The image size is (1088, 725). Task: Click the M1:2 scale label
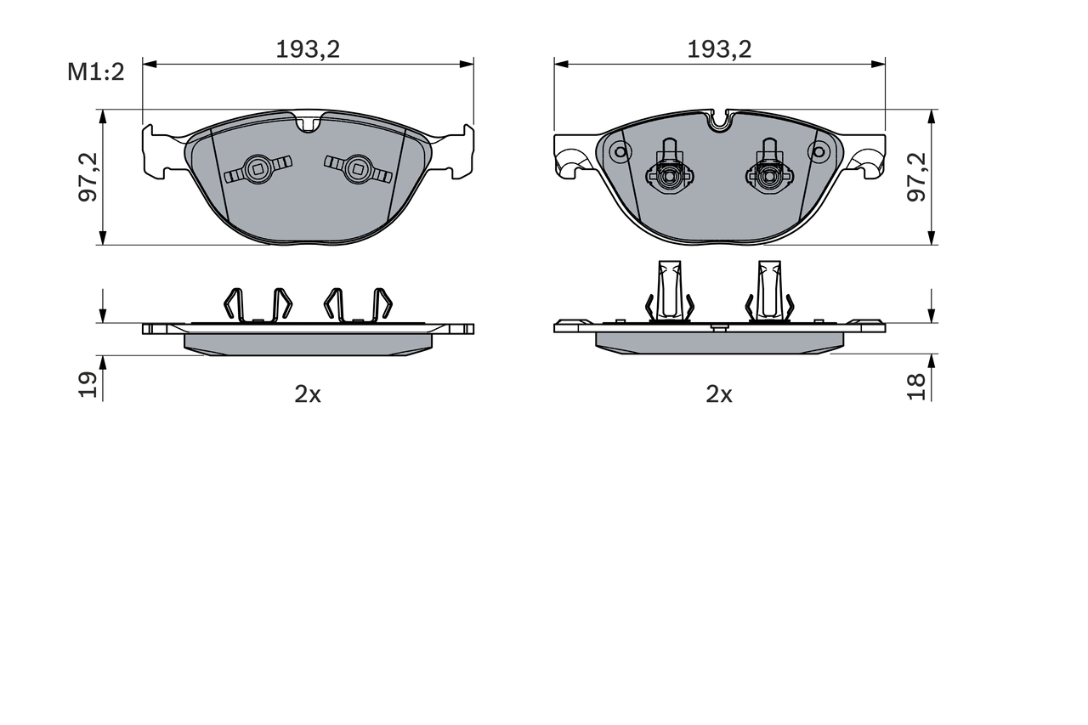[96, 71]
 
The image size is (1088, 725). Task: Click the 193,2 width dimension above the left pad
[308, 49]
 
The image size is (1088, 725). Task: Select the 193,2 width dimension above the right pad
[719, 49]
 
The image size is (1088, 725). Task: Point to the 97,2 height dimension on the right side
[917, 177]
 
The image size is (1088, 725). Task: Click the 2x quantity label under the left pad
[308, 394]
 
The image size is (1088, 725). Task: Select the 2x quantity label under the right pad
[719, 394]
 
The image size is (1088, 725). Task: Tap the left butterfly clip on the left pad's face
[258, 169]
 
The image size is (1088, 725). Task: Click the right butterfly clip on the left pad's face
[357, 168]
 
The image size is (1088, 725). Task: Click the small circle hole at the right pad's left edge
[620, 152]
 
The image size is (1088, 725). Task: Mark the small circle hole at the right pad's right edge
[819, 152]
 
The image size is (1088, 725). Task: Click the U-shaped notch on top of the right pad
[720, 122]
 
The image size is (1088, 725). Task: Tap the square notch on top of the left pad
[309, 124]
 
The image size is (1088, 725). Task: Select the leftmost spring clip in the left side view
[234, 305]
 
